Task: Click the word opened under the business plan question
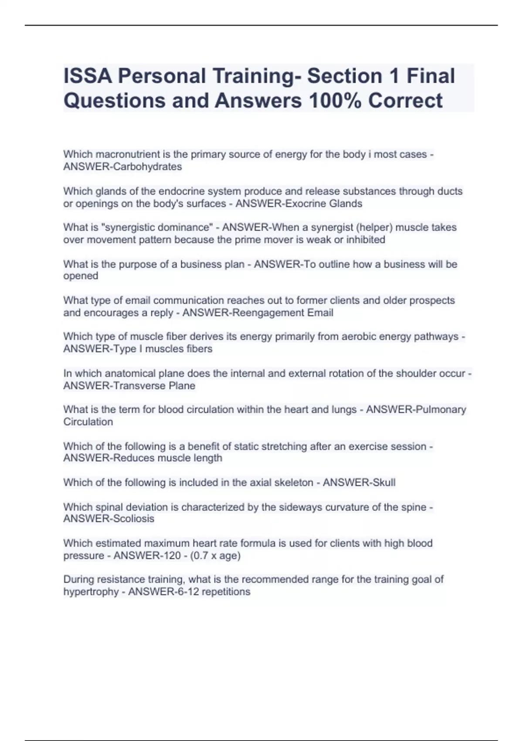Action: tap(81, 276)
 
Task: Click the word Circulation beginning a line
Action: tap(88, 422)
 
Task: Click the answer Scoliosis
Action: tap(133, 519)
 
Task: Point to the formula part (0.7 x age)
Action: tap(215, 556)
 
